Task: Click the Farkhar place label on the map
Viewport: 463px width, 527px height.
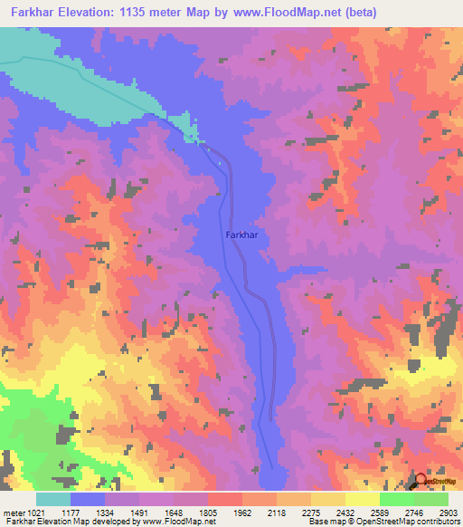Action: coord(241,235)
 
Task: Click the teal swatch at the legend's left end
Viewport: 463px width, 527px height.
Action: coord(53,499)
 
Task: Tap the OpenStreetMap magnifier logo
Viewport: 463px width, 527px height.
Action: coord(422,482)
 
